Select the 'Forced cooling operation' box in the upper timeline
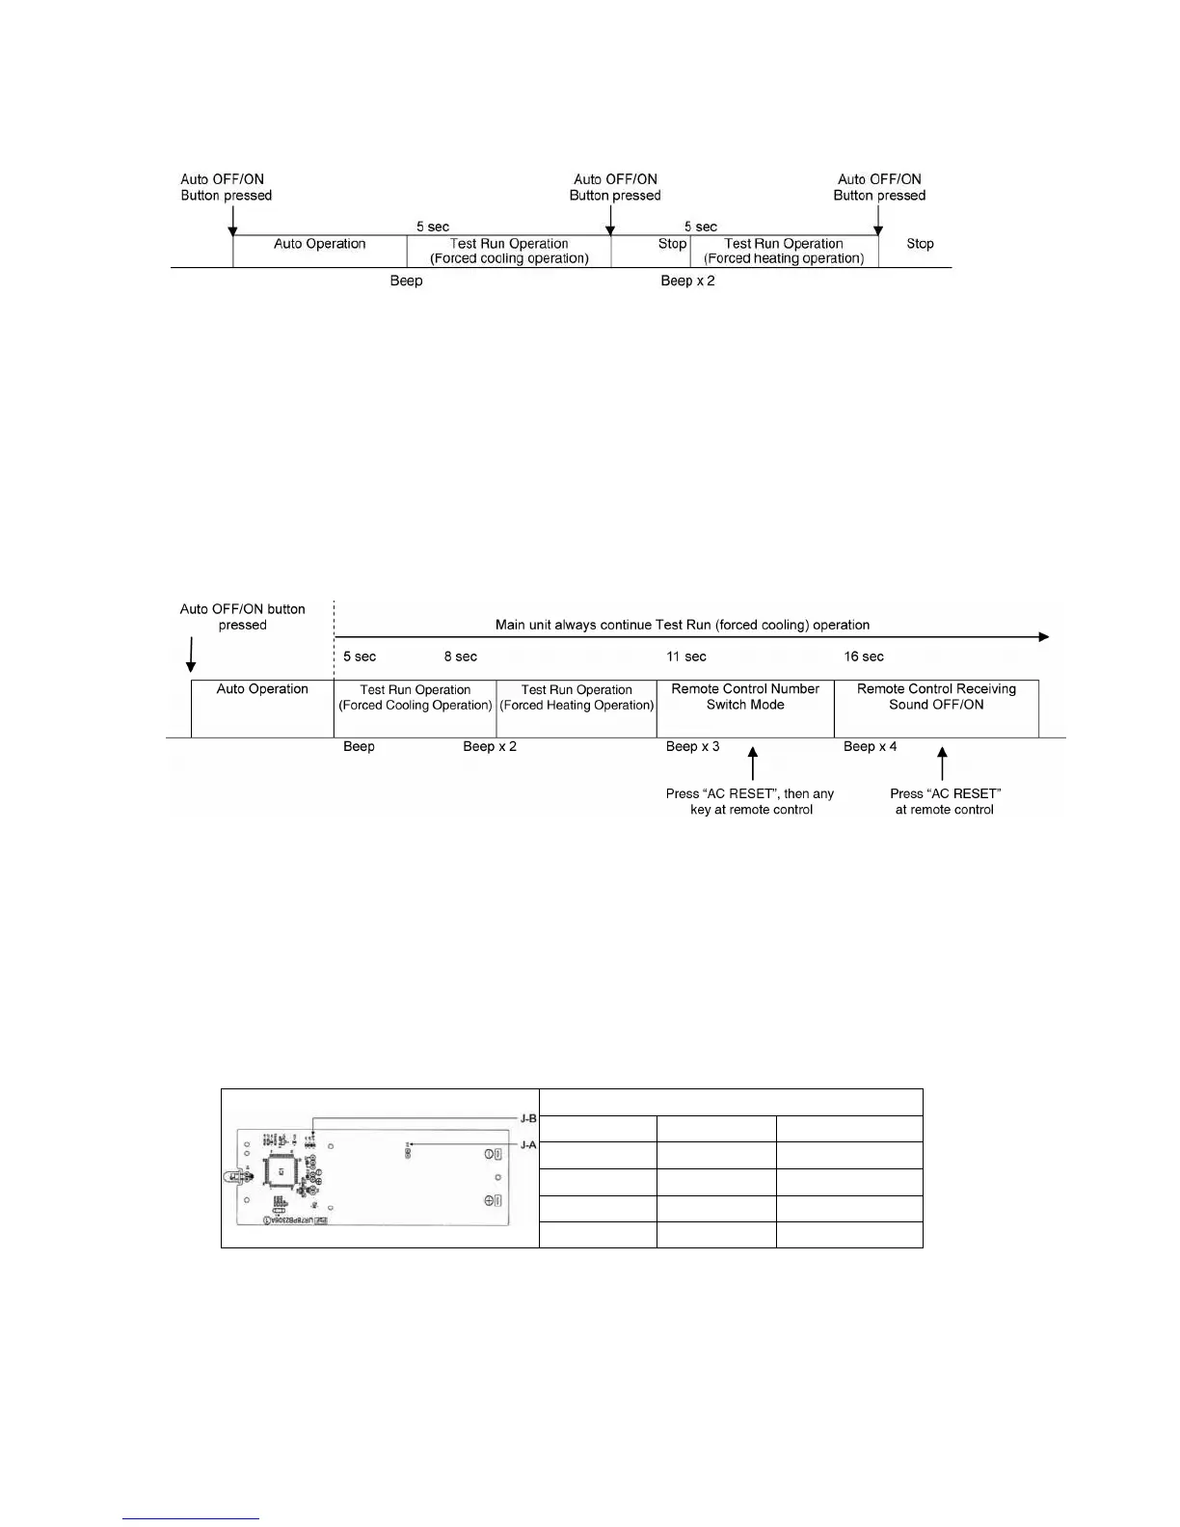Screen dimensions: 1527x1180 click(509, 251)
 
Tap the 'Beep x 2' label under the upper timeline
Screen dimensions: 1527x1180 click(687, 281)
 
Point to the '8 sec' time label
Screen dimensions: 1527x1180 click(461, 657)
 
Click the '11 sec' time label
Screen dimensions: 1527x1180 click(686, 657)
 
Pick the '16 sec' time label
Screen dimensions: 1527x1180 click(864, 657)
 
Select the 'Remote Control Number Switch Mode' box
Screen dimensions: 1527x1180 click(745, 708)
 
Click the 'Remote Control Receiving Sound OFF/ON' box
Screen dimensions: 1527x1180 click(936, 708)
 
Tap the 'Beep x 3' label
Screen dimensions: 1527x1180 click(692, 747)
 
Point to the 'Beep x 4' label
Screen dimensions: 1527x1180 click(870, 747)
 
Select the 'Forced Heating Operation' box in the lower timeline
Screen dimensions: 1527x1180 click(577, 708)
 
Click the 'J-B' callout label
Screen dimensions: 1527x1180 click(528, 1119)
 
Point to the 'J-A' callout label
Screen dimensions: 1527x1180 click(528, 1145)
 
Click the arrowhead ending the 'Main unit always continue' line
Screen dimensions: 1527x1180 click(1043, 637)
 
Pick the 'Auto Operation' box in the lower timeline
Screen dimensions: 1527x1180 click(262, 708)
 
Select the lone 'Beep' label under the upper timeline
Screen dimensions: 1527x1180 click(406, 281)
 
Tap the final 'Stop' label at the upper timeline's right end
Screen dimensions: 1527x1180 click(920, 245)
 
